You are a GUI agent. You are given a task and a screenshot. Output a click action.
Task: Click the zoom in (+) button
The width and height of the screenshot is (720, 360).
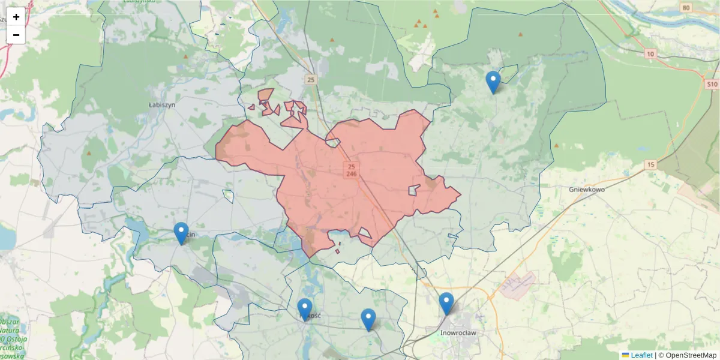[16, 17]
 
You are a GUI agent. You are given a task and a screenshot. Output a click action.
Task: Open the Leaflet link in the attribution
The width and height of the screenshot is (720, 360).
[641, 355]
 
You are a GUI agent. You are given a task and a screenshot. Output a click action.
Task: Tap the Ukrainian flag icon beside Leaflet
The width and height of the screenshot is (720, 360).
[626, 355]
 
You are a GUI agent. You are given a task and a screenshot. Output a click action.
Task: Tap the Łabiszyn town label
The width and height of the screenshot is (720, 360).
[161, 104]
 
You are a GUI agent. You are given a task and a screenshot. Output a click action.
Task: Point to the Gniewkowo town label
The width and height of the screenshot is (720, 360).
[586, 189]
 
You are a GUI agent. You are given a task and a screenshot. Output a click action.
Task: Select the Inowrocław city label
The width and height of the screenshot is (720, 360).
[458, 332]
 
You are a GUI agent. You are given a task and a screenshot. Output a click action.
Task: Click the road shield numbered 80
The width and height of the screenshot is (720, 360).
[686, 8]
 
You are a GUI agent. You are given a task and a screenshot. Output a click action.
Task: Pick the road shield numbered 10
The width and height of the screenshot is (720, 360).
[650, 54]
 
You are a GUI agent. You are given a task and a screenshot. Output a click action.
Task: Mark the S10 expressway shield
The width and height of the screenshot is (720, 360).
[712, 84]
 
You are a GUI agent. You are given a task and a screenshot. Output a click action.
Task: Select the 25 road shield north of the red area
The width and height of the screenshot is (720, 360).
[310, 80]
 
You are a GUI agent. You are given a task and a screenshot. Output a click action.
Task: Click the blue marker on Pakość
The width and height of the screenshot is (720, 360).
[305, 308]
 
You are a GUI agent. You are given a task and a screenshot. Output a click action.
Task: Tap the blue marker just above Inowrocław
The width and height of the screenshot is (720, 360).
[446, 302]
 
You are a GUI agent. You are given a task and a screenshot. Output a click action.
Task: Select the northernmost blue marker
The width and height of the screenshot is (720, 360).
[493, 81]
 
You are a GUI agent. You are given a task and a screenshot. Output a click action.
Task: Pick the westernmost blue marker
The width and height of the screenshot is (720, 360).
[181, 232]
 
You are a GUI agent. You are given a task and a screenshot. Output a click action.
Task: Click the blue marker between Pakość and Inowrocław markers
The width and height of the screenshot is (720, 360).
[368, 319]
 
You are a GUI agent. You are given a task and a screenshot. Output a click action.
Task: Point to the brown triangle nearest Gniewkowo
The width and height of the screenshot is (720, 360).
[557, 145]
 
